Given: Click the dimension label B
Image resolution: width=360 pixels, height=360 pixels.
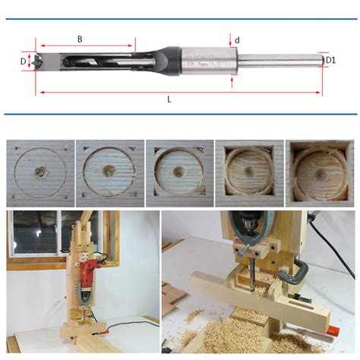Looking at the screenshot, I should click(x=80, y=38).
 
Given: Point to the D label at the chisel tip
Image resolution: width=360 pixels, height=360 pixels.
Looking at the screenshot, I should click(x=22, y=61).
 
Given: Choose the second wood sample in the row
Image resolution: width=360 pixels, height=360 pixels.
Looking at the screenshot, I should click(x=107, y=173).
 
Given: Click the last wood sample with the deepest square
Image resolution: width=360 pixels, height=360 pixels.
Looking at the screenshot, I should click(x=317, y=173).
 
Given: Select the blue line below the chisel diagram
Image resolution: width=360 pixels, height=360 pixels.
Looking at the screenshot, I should click(x=180, y=115).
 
